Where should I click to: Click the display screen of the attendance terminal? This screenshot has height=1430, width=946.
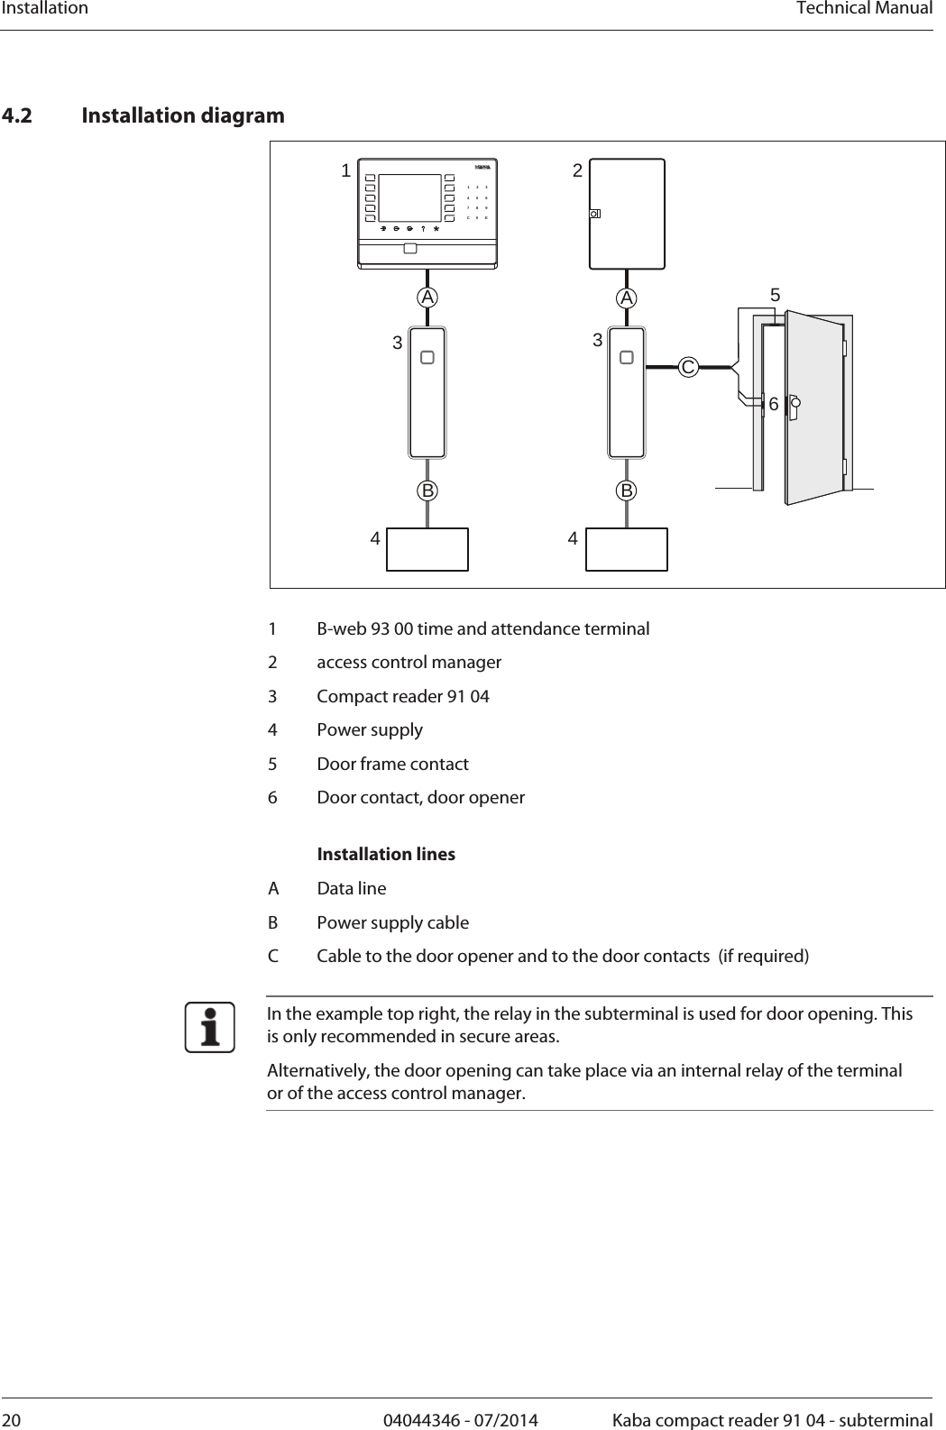(x=409, y=197)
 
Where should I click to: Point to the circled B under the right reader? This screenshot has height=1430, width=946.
(x=627, y=491)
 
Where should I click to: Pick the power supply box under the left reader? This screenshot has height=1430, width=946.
(x=427, y=549)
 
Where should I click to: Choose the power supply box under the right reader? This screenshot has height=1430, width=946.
(x=627, y=549)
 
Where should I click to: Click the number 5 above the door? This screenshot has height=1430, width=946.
(x=775, y=296)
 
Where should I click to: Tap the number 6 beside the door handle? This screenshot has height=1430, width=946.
(x=774, y=406)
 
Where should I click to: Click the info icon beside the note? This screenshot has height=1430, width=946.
(x=210, y=1028)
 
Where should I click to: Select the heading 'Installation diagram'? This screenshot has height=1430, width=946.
(x=183, y=116)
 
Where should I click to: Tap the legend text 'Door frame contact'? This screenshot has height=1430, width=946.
(x=392, y=764)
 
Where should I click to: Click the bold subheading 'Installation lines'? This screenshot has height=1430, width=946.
(x=386, y=854)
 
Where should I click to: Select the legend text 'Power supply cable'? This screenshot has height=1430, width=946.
(x=392, y=922)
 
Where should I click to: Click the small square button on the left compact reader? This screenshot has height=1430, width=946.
(x=427, y=358)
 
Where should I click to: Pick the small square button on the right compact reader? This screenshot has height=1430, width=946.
(x=627, y=358)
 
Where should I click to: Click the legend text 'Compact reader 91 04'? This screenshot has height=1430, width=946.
(x=403, y=696)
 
